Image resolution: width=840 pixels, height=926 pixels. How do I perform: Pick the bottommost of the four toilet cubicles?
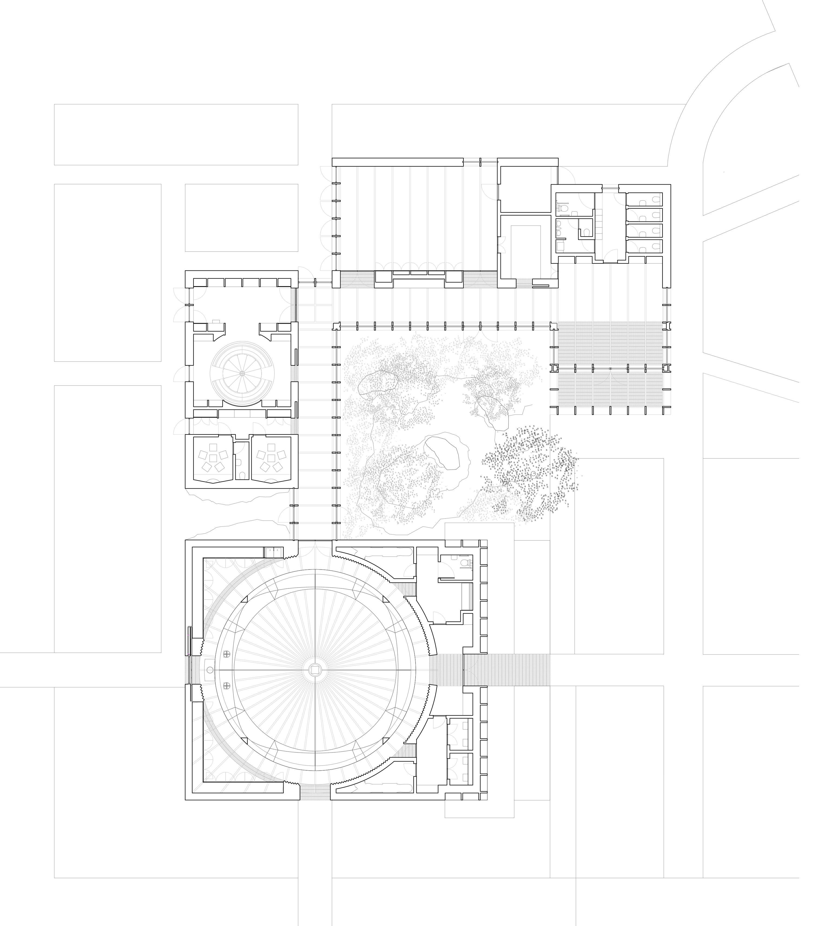click(x=644, y=247)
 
